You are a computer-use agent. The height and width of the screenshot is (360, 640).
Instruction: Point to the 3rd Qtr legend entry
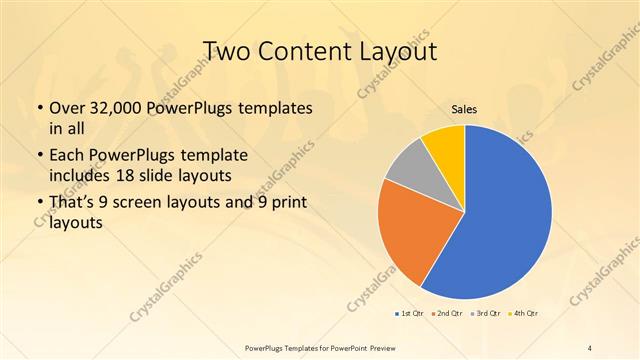pos(487,314)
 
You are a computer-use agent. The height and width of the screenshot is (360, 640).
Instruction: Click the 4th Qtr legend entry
pos(524,314)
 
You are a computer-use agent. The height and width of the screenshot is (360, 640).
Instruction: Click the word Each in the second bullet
pos(68,156)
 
